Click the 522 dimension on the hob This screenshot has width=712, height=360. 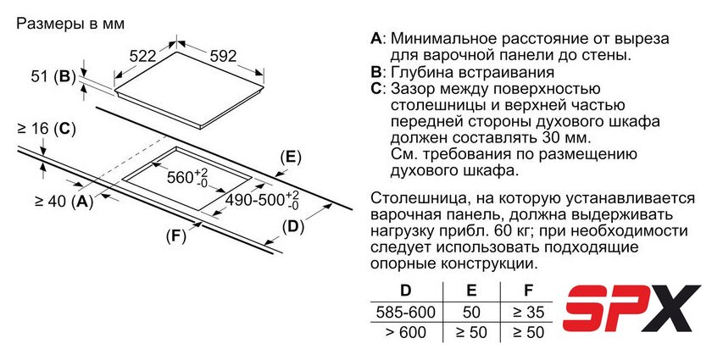[142, 56]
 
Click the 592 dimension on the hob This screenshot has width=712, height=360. [224, 56]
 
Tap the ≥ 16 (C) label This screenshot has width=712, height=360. [47, 130]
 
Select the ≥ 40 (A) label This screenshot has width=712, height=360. [64, 201]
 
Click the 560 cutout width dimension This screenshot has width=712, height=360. [187, 177]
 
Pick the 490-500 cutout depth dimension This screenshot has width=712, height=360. [263, 200]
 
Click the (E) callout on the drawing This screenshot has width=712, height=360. [291, 158]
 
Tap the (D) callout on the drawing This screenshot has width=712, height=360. [293, 226]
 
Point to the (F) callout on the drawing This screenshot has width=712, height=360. [176, 236]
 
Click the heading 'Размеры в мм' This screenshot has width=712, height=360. [70, 24]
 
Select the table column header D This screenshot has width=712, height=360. [405, 291]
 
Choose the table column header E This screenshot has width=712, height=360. [471, 291]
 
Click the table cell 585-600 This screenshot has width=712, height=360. [406, 312]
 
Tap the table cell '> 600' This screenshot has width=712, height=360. [406, 332]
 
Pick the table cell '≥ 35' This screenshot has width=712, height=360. [528, 312]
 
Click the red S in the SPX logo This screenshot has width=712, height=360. [587, 308]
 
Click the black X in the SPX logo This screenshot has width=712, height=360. [673, 308]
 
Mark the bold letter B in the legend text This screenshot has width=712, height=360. [375, 72]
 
